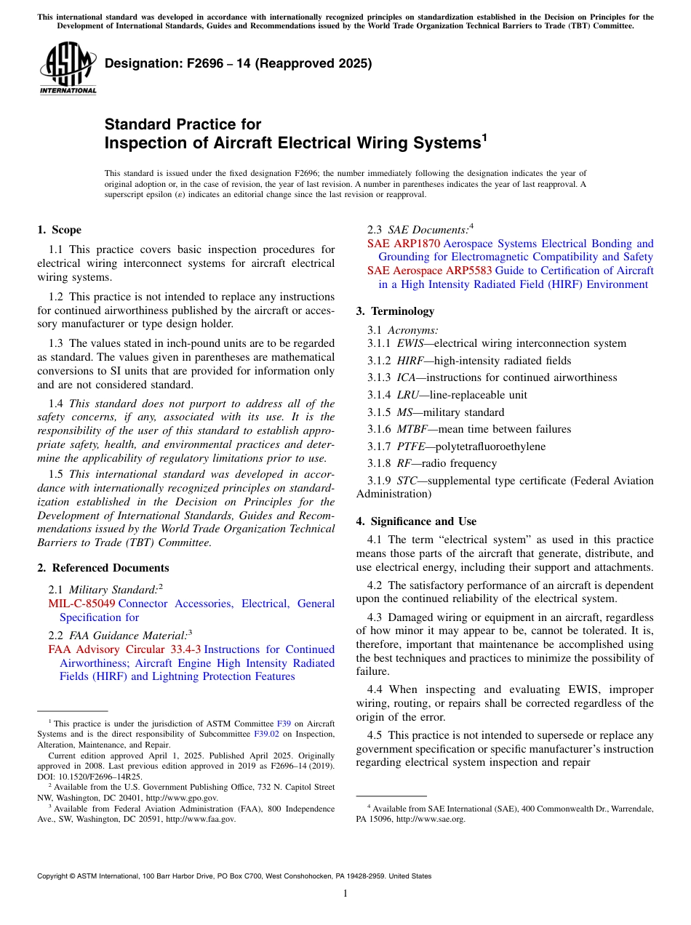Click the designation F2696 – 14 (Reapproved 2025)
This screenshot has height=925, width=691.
point(238,63)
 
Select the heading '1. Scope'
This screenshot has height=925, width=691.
point(59,230)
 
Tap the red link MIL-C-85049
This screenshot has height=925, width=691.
point(81,604)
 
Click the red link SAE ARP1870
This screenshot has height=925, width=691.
point(404,244)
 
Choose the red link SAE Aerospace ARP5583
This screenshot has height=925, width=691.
point(429,271)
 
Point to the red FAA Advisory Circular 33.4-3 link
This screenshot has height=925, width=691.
point(124,649)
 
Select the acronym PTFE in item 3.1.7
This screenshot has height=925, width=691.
point(410,447)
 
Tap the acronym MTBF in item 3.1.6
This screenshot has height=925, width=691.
point(412,429)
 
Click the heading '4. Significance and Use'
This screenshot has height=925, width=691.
point(423,521)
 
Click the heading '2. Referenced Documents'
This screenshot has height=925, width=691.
point(103,568)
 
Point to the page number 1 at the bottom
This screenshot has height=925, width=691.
point(345,893)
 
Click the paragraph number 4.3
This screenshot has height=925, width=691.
point(375,617)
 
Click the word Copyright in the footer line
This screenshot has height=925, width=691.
point(54,876)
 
